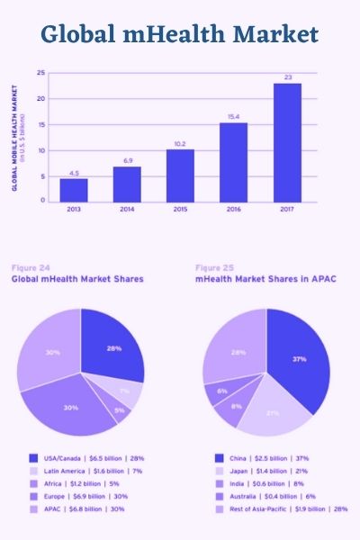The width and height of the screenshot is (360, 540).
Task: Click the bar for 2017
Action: pyautogui.click(x=287, y=142)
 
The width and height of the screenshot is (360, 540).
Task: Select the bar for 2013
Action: pyautogui.click(x=74, y=190)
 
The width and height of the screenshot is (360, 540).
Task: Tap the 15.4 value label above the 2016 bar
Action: pyautogui.click(x=234, y=116)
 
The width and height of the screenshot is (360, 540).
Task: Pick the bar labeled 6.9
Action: pyautogui.click(x=127, y=184)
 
